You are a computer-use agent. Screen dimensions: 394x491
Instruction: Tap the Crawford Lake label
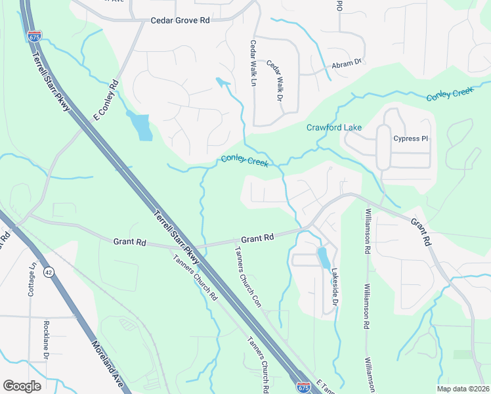[x=333, y=127]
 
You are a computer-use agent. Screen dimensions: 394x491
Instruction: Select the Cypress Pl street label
[x=410, y=139]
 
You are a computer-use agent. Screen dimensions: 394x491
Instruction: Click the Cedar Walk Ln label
[x=253, y=63]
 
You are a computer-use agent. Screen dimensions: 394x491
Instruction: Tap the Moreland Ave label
[x=108, y=364]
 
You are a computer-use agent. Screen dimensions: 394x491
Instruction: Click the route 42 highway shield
[x=49, y=272]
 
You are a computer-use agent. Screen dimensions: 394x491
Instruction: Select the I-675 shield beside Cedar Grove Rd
[x=35, y=37]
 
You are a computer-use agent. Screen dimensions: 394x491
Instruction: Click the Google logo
[x=22, y=386]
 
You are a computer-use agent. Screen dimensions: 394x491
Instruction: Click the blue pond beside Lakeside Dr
[x=324, y=258]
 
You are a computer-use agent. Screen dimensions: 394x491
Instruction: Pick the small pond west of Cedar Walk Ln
[x=223, y=83]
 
